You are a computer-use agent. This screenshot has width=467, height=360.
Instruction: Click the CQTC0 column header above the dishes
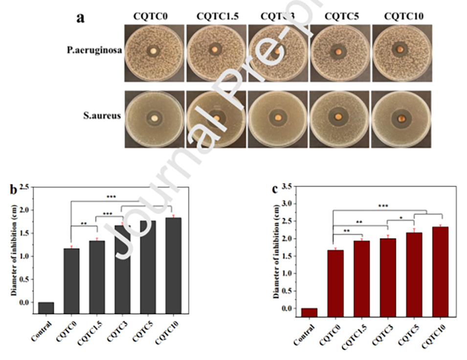pyautogui.click(x=151, y=17)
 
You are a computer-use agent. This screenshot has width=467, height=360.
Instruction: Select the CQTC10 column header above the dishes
pyautogui.click(x=404, y=17)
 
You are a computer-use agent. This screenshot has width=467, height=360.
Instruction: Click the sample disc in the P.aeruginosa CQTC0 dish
pyautogui.click(x=154, y=50)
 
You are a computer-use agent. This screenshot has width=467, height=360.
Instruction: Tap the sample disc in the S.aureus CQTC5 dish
pyautogui.click(x=338, y=117)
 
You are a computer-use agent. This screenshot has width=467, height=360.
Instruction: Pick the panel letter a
pyautogui.click(x=81, y=18)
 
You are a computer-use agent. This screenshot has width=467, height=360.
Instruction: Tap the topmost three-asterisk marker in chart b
pyautogui.click(x=112, y=197)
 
